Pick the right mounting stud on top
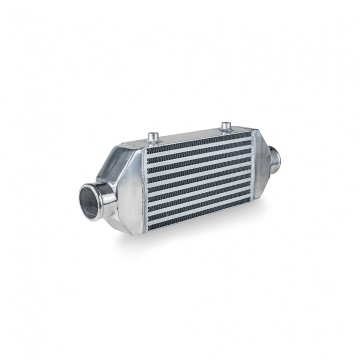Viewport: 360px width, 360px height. tap(226, 126)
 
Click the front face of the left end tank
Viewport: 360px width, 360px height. tap(130, 190)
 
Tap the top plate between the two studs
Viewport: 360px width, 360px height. tap(190, 136)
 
